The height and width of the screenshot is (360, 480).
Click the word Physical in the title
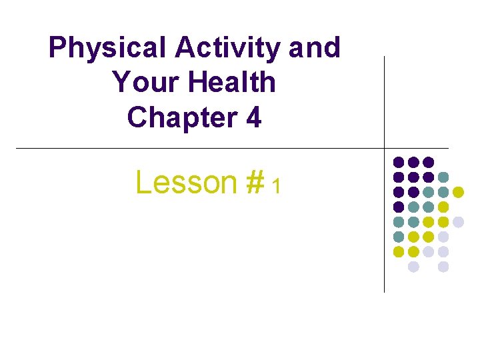(x=107, y=48)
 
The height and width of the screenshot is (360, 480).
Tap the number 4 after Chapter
(x=253, y=117)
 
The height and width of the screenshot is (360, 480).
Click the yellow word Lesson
(x=186, y=181)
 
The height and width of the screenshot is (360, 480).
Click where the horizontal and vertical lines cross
(x=385, y=147)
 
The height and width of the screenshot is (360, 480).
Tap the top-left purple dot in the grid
(x=399, y=162)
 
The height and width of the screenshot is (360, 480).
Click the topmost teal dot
(x=443, y=177)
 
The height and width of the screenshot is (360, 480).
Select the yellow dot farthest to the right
(x=458, y=192)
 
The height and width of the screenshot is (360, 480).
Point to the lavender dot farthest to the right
(x=458, y=222)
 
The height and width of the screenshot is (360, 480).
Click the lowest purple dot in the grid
(x=399, y=207)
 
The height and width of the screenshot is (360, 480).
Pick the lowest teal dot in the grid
(x=399, y=237)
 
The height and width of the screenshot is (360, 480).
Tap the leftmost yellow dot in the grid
(x=399, y=252)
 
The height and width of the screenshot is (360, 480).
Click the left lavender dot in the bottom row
(x=413, y=267)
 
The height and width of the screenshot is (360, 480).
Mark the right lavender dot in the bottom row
(x=443, y=267)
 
